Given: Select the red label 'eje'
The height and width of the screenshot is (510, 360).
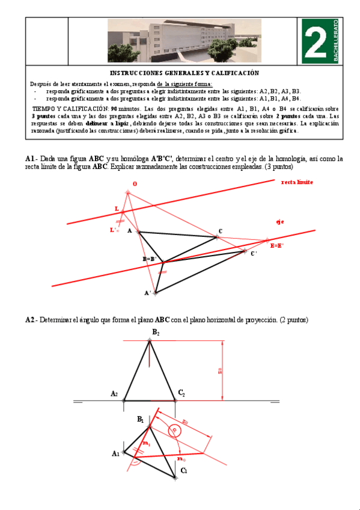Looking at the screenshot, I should [x=279, y=222].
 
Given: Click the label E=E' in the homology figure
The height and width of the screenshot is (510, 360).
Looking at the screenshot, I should [x=277, y=246].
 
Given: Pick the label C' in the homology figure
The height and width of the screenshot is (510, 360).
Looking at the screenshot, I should [x=254, y=254].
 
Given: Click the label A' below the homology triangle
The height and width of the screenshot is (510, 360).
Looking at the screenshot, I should [x=148, y=293].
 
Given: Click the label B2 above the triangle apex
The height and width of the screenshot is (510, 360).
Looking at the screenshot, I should [x=156, y=332].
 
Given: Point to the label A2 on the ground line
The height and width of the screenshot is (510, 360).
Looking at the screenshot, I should [x=114, y=393].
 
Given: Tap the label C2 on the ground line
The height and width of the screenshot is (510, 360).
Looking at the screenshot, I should [x=181, y=393].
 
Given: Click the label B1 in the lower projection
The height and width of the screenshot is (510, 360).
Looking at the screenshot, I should [x=140, y=419].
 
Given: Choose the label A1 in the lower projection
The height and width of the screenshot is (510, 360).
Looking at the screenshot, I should [x=115, y=453].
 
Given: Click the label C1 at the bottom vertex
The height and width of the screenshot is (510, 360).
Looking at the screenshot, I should [x=184, y=470].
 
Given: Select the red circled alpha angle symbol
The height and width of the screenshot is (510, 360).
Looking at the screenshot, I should [x=174, y=431].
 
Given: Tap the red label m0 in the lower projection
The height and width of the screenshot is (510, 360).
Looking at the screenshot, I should [x=182, y=459].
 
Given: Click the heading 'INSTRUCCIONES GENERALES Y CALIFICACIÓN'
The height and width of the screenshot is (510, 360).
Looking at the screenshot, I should [x=185, y=73].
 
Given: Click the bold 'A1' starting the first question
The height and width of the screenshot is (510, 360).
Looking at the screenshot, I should [x=30, y=159].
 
